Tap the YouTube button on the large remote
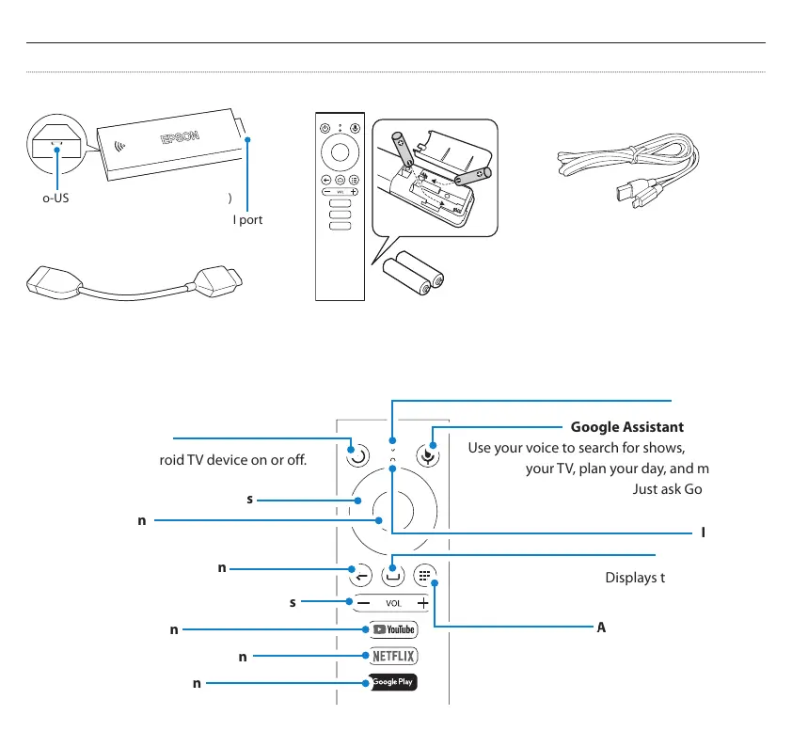tap(390, 629)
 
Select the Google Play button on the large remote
tap(390, 682)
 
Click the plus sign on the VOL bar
tap(423, 602)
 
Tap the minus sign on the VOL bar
tap(362, 602)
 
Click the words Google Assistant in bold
tap(626, 426)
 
